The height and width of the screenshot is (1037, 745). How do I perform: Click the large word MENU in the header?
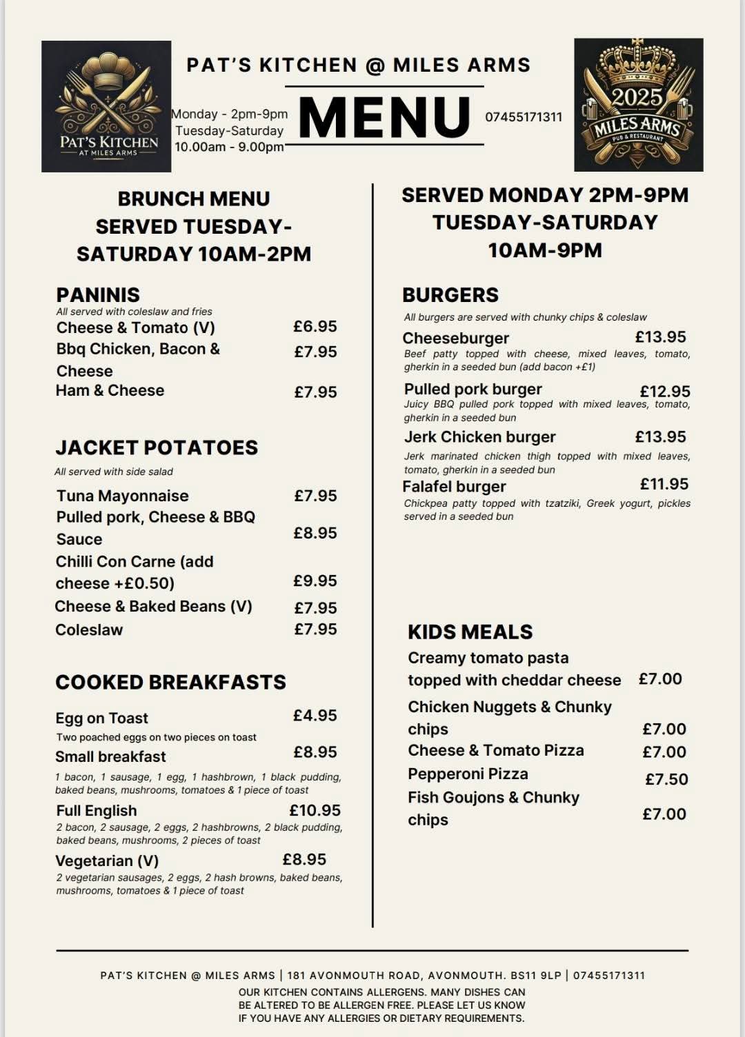(384, 117)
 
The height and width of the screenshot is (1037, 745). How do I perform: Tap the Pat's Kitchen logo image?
(106, 106)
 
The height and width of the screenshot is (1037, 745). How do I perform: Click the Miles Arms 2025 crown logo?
(638, 105)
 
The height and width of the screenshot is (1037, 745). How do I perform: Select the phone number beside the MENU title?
(524, 117)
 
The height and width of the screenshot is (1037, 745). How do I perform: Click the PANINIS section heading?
(98, 295)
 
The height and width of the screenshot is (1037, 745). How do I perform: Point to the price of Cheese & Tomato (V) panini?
(315, 326)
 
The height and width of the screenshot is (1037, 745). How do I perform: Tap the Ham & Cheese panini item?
(110, 390)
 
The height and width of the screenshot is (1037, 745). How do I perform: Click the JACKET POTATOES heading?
(157, 447)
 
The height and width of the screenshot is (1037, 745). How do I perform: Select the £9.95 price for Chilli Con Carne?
(315, 581)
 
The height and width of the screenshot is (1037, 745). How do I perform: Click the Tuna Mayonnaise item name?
(123, 496)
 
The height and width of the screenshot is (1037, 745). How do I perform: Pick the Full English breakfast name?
(97, 810)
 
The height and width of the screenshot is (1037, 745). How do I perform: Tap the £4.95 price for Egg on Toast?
(315, 716)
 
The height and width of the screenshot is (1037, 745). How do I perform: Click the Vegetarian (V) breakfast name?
(107, 860)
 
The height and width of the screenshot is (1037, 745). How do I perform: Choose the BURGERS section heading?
(450, 295)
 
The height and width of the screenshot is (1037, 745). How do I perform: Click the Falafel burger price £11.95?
(664, 484)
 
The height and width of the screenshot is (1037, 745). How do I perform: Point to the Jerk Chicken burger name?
(480, 437)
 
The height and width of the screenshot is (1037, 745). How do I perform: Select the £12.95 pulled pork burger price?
(665, 392)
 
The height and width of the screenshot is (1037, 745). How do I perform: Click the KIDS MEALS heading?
(470, 632)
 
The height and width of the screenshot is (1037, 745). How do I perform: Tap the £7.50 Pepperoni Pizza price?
(666, 779)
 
